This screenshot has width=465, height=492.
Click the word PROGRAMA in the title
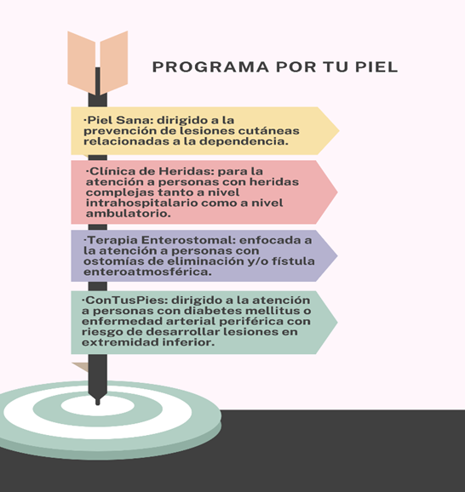210,67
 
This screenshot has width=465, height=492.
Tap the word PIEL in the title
376,67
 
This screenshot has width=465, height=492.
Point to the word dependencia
244,141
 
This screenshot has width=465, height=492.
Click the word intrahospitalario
142,203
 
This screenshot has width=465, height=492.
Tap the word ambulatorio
128,214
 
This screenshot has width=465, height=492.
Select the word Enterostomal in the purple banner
188,240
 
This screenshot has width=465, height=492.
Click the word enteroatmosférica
147,272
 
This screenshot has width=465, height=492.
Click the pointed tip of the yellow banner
339,130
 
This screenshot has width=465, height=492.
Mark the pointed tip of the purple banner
337,255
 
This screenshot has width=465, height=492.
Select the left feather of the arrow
82,63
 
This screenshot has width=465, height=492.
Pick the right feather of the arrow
114,62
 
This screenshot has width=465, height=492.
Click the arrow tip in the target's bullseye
98,403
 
